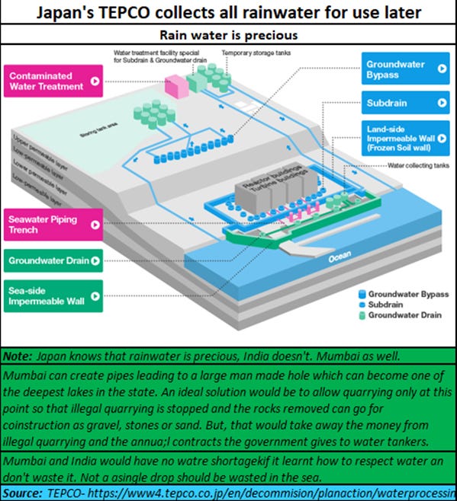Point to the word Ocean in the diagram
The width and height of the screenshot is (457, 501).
click(x=339, y=260)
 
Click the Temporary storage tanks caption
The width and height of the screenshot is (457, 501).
click(x=257, y=53)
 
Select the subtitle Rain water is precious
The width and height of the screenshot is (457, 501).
click(x=227, y=34)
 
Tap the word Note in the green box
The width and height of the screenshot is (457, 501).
click(x=16, y=356)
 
